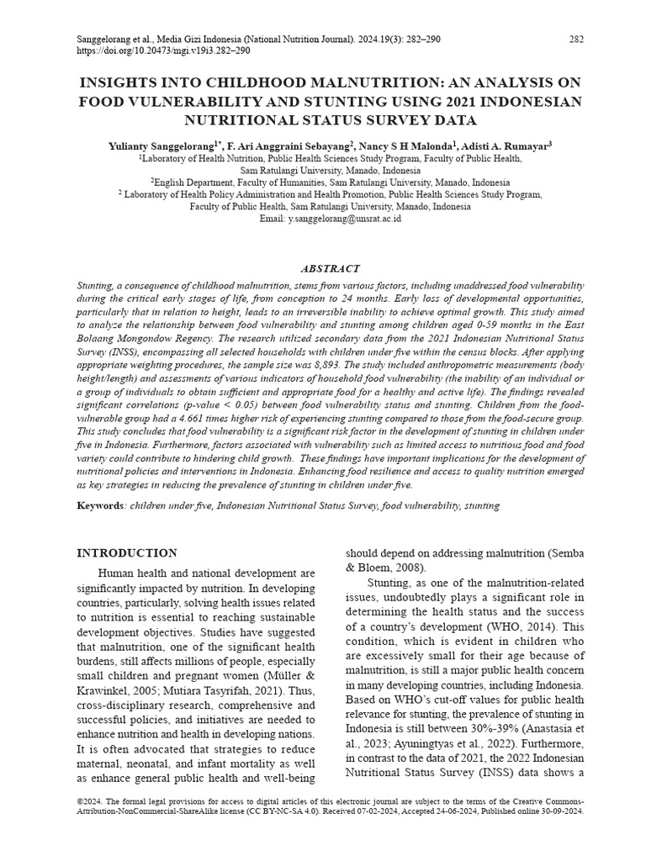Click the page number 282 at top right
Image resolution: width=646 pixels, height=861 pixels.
point(576,39)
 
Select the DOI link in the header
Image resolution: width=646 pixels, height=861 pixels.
point(163,50)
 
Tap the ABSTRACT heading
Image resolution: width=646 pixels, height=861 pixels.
point(330,269)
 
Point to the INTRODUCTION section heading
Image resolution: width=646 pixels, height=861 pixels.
point(127,553)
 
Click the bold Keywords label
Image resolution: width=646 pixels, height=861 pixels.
point(100,506)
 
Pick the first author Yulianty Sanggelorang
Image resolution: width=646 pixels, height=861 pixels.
point(161,145)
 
